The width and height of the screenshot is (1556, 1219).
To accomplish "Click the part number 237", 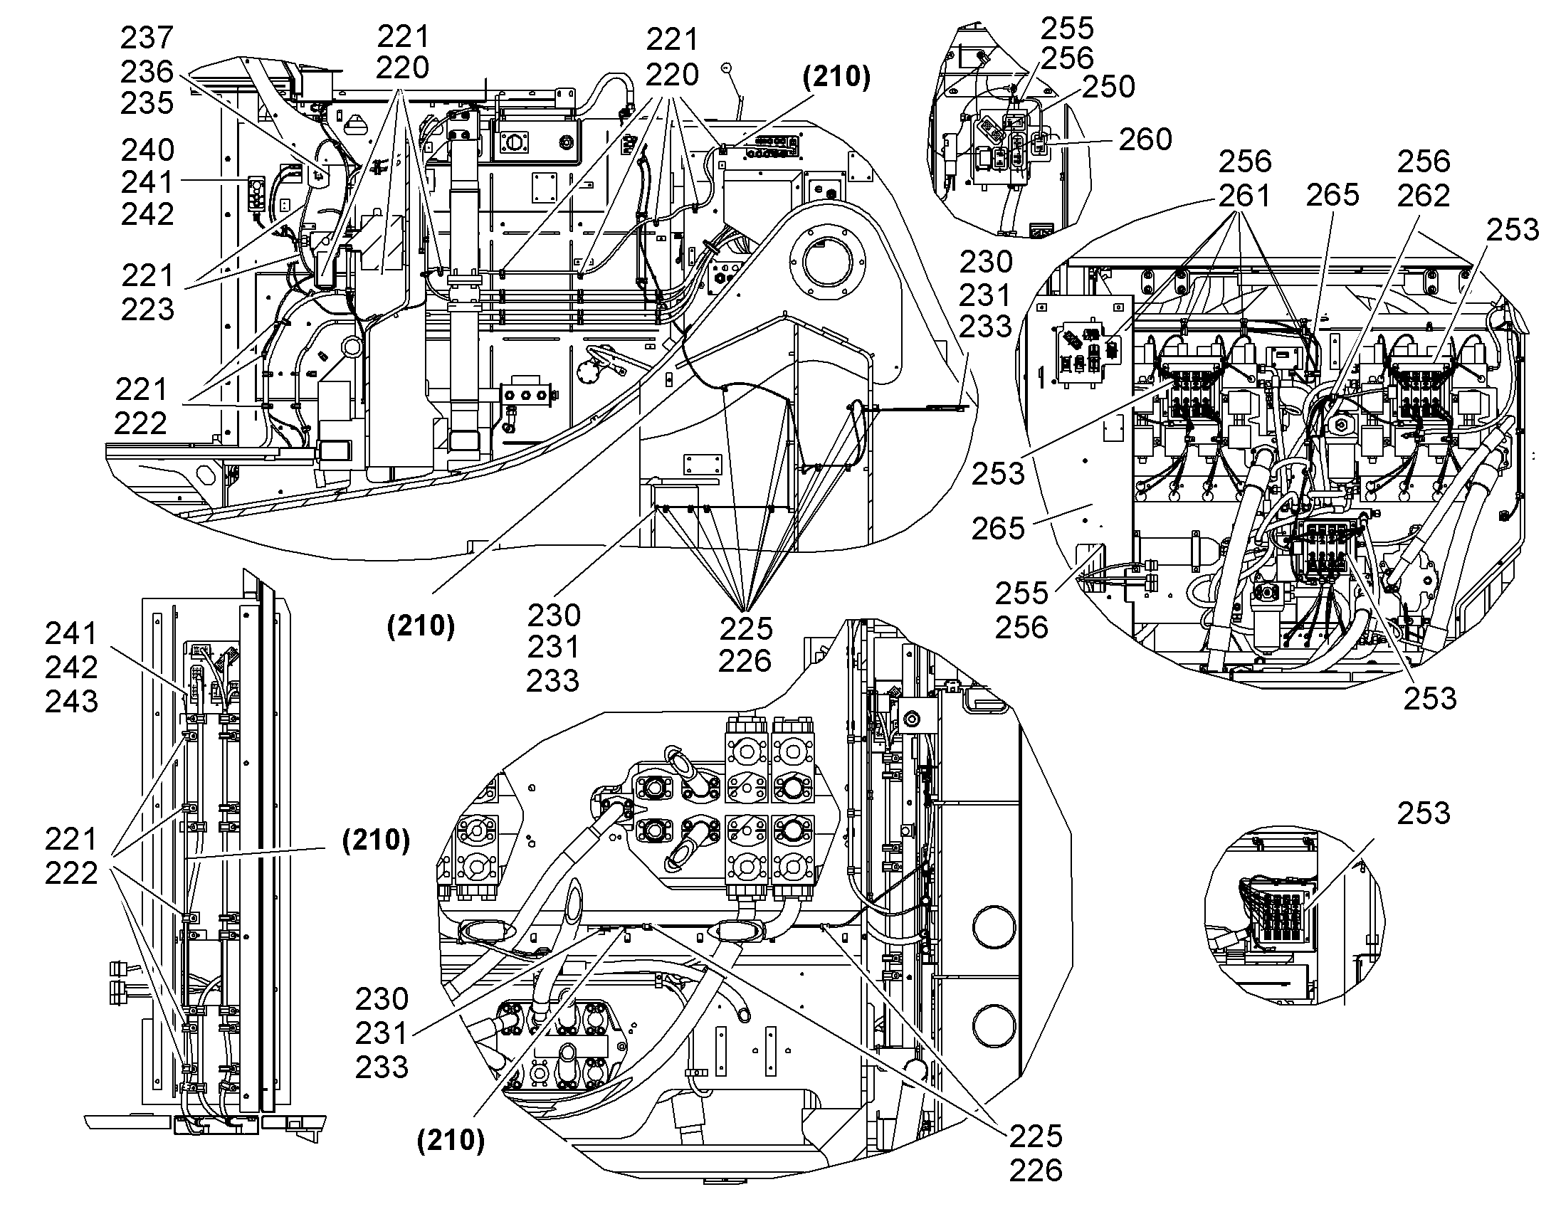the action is tap(147, 38).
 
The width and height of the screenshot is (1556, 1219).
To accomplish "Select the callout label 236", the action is tap(147, 71).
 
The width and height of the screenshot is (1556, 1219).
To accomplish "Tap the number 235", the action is tap(147, 103).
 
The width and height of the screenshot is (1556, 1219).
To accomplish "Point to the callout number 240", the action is tap(148, 150).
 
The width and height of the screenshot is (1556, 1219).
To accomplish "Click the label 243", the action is tap(71, 701).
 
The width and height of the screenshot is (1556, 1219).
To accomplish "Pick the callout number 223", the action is tap(148, 309).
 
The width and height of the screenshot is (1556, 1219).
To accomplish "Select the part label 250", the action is tap(1108, 86).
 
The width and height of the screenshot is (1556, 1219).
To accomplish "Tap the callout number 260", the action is tap(1145, 139).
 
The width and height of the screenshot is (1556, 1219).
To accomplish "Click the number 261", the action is tap(1244, 195).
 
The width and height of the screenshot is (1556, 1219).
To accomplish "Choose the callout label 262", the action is tap(1424, 195).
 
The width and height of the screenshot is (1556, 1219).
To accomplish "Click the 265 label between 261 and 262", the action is tap(1332, 195).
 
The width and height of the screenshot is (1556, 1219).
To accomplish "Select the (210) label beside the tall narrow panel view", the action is tap(376, 840).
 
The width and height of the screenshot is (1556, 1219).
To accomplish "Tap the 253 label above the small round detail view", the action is tap(1424, 813).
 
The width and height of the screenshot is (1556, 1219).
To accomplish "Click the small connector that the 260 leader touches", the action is tap(1039, 143).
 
